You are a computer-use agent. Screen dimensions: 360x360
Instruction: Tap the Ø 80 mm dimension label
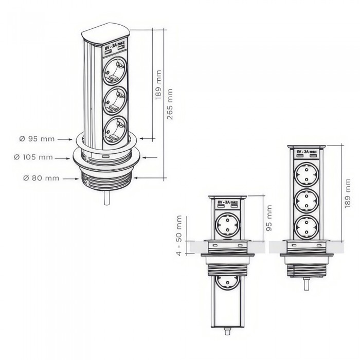[x=41, y=178]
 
